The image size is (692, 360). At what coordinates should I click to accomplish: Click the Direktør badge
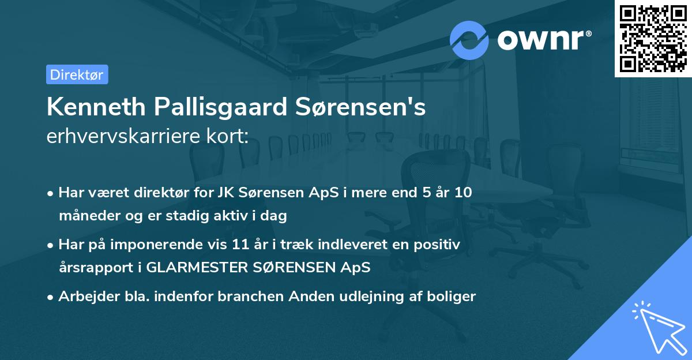coord(77,74)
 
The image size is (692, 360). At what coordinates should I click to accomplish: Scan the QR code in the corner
coord(653,38)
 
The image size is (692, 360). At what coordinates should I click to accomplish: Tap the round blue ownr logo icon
coord(469,40)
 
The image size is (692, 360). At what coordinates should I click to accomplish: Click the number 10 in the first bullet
coord(462,193)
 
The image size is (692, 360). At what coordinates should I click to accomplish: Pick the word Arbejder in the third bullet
coord(84,297)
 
